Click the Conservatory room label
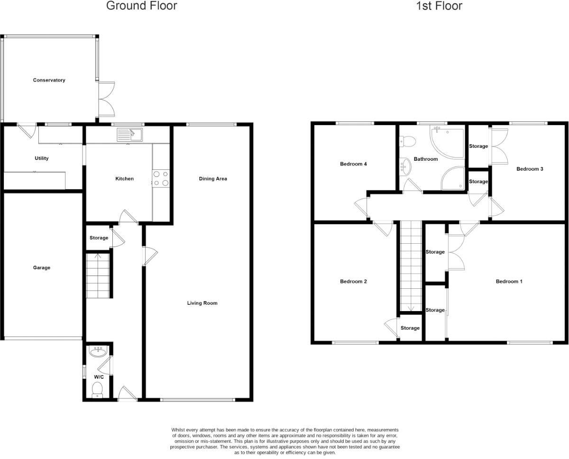(x=49, y=80)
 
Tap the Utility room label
(x=42, y=158)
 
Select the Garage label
(x=42, y=268)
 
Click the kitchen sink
(x=129, y=135)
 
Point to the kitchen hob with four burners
(x=161, y=178)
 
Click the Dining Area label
(x=213, y=179)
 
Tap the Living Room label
(x=202, y=303)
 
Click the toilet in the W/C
(x=97, y=390)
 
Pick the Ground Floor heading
(x=142, y=6)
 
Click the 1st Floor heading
(x=439, y=6)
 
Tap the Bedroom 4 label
(x=354, y=164)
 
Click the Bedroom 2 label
(x=354, y=282)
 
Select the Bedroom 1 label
(x=509, y=282)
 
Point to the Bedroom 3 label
(x=530, y=169)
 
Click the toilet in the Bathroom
(x=407, y=140)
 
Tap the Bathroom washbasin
(x=405, y=166)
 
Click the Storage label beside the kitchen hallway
(x=99, y=238)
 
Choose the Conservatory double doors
(x=107, y=99)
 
